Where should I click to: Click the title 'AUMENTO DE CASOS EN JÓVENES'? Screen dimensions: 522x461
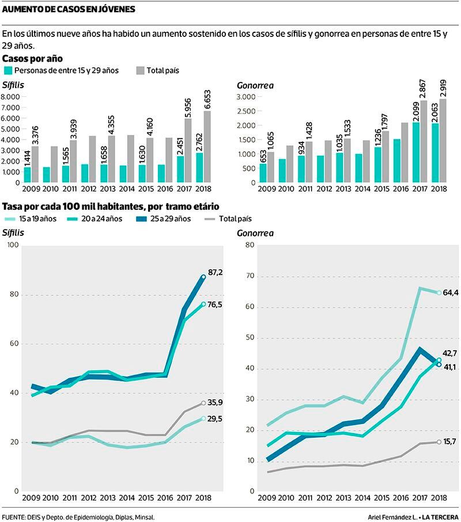69,9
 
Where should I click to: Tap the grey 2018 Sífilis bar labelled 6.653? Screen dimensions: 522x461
207,147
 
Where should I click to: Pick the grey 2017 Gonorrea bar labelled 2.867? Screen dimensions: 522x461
424,142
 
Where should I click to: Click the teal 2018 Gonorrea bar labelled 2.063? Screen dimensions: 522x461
435,153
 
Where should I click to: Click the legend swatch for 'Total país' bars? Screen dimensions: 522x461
140,70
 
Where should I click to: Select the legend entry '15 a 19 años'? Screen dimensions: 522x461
12,219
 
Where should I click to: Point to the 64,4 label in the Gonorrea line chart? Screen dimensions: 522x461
451,293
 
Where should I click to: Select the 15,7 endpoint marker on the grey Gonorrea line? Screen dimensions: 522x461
439,442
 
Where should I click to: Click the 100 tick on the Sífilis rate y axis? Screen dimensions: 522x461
13,246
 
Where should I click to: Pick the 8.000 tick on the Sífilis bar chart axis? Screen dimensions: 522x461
11,97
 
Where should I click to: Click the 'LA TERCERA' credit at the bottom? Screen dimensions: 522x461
441,516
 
